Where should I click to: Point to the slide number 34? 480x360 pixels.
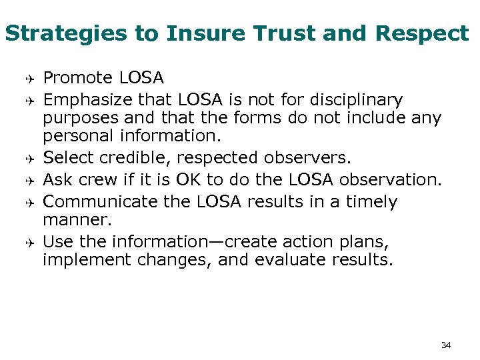click(x=446, y=345)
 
